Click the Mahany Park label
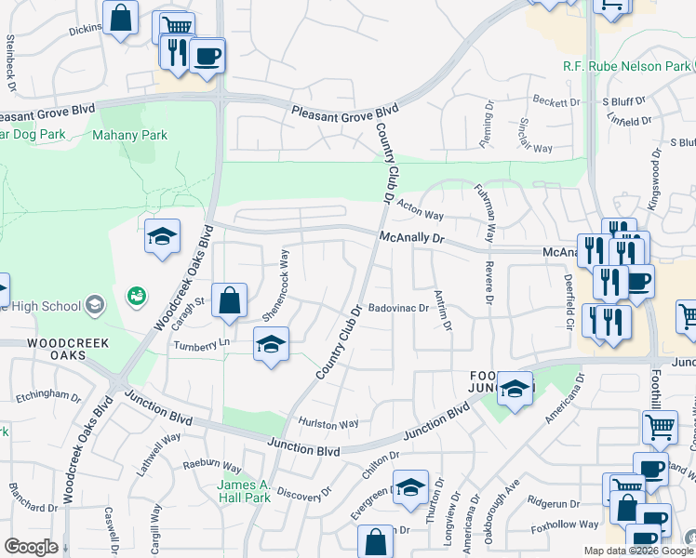click(129, 135)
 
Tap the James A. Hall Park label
click(243, 491)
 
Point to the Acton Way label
click(420, 209)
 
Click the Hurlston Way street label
click(328, 424)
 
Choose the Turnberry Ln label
click(201, 344)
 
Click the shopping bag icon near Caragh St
click(229, 300)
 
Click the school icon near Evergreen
click(409, 487)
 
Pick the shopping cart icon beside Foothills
click(660, 428)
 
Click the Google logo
click(31, 547)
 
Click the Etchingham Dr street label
click(48, 395)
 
